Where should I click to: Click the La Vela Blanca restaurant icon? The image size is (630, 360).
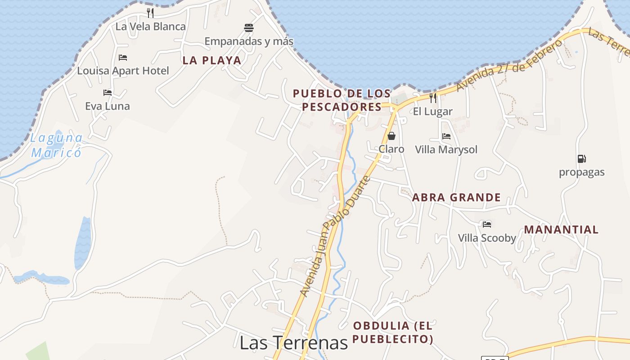150,13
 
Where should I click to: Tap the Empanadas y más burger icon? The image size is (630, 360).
249,28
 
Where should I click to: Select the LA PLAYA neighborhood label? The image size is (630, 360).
212,60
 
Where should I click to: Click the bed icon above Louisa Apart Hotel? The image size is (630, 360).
123,58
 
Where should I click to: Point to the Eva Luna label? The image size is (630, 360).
108,106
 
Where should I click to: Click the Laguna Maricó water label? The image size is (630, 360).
57,145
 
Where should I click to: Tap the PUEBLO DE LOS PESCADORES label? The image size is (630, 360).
342,100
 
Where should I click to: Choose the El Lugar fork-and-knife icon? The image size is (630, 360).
433,98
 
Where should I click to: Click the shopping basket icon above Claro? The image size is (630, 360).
391,136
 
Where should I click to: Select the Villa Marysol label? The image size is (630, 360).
446,149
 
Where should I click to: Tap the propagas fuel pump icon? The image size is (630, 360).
581,159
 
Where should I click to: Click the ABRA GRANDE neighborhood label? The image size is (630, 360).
456,197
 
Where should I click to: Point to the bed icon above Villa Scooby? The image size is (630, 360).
486,224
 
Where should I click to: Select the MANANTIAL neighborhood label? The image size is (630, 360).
561,229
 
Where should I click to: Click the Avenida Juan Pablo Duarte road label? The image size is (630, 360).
335,236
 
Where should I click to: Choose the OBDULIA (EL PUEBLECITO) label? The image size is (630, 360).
393,332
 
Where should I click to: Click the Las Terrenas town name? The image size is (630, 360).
294,342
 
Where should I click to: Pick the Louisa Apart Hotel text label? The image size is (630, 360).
123,71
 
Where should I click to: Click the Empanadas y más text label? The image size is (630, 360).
249,41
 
